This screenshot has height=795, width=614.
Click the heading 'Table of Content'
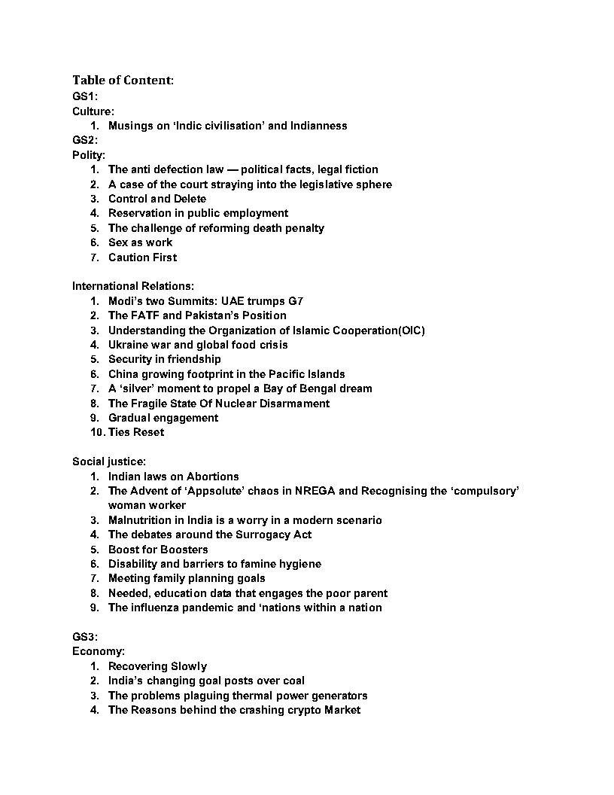pyautogui.click(x=123, y=80)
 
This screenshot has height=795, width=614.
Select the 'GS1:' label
pyautogui.click(x=85, y=96)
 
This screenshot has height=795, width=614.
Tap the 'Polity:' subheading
pyautogui.click(x=89, y=155)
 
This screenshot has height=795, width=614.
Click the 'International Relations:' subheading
pyautogui.click(x=133, y=286)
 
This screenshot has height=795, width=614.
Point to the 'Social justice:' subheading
pyautogui.click(x=109, y=461)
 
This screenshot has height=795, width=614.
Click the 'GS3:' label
pyautogui.click(x=85, y=637)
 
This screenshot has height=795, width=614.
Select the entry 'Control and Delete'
pyautogui.click(x=157, y=199)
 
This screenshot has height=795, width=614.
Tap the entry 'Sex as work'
pyautogui.click(x=140, y=242)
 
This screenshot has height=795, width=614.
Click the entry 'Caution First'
pyautogui.click(x=142, y=257)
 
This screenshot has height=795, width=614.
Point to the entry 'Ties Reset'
pyautogui.click(x=135, y=432)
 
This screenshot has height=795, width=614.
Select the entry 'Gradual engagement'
pyautogui.click(x=163, y=418)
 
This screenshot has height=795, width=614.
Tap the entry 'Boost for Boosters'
pyautogui.click(x=157, y=550)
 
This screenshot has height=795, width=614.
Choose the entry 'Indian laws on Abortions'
pyautogui.click(x=173, y=477)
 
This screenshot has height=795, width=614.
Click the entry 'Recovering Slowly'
pyautogui.click(x=157, y=666)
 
